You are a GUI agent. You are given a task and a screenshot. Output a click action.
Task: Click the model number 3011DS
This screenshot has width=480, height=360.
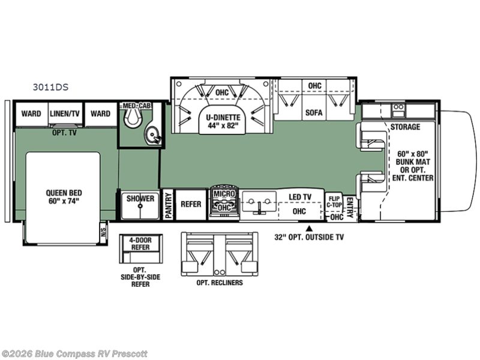click(50, 86)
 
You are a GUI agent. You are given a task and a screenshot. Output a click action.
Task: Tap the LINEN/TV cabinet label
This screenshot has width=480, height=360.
click(65, 113)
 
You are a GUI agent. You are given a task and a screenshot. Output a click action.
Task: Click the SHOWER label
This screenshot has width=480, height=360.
click(139, 199)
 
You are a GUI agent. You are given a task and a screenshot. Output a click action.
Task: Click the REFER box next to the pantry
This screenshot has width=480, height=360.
click(191, 204)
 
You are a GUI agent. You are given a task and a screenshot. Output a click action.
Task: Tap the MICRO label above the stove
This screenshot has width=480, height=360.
click(223, 194)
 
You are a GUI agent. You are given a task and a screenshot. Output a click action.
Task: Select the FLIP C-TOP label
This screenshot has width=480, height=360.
click(334, 203)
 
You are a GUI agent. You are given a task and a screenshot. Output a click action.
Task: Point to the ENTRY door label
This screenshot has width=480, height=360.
click(350, 208)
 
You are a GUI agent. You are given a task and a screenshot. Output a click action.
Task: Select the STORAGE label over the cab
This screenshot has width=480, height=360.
click(405, 127)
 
